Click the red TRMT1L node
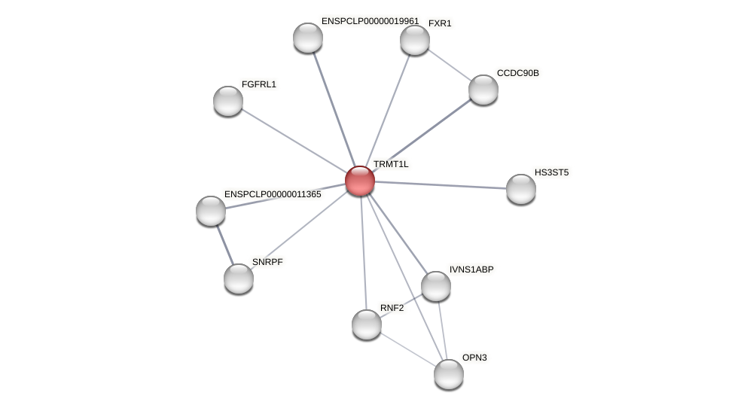coord(360,181)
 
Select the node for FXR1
coord(415,40)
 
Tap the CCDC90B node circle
coord(483,90)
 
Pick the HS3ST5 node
coord(521,189)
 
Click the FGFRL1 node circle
coord(228,101)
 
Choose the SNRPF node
coord(239,279)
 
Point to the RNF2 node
coord(367,324)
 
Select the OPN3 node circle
coord(449,374)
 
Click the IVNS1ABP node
coord(436,286)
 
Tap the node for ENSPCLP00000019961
coord(308,38)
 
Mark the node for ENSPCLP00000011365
coord(211,211)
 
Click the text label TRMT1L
coord(391,164)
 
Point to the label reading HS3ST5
coord(551,172)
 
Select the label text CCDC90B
coord(517,73)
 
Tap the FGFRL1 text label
coord(258,84)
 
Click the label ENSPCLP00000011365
coord(273,194)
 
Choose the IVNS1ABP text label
coord(471,269)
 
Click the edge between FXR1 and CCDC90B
coord(450,65)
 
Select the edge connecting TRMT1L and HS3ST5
coord(441,185)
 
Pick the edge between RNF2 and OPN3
coord(407,349)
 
